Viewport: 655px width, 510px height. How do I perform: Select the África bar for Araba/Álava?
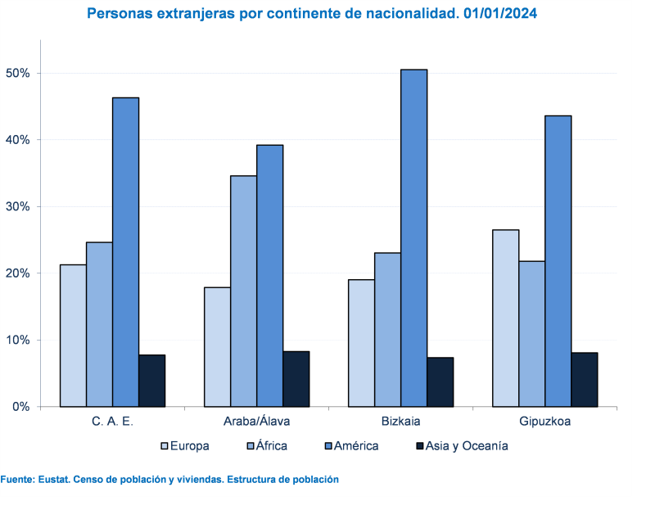243,291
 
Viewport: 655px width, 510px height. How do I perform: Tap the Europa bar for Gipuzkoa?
505,318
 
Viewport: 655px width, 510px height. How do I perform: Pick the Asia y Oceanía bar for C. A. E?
151,381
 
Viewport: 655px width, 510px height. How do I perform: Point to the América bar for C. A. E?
125,251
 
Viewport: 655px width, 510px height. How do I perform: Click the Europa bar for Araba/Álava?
217,346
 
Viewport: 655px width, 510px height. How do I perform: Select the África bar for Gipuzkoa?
531,333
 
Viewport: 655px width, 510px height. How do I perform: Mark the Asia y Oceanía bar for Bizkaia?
440,381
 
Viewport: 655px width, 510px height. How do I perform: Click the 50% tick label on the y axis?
18,73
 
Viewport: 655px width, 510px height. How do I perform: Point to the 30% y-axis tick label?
18,206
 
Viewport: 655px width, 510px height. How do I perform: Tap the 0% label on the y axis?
21,406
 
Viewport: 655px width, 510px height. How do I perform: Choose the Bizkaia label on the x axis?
400,422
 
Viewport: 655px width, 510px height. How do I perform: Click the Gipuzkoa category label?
544,422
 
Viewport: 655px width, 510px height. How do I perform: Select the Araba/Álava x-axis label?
256,422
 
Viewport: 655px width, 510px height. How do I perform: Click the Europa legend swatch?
165,446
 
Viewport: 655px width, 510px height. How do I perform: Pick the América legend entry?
351,446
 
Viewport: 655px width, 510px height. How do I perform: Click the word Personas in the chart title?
117,14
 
